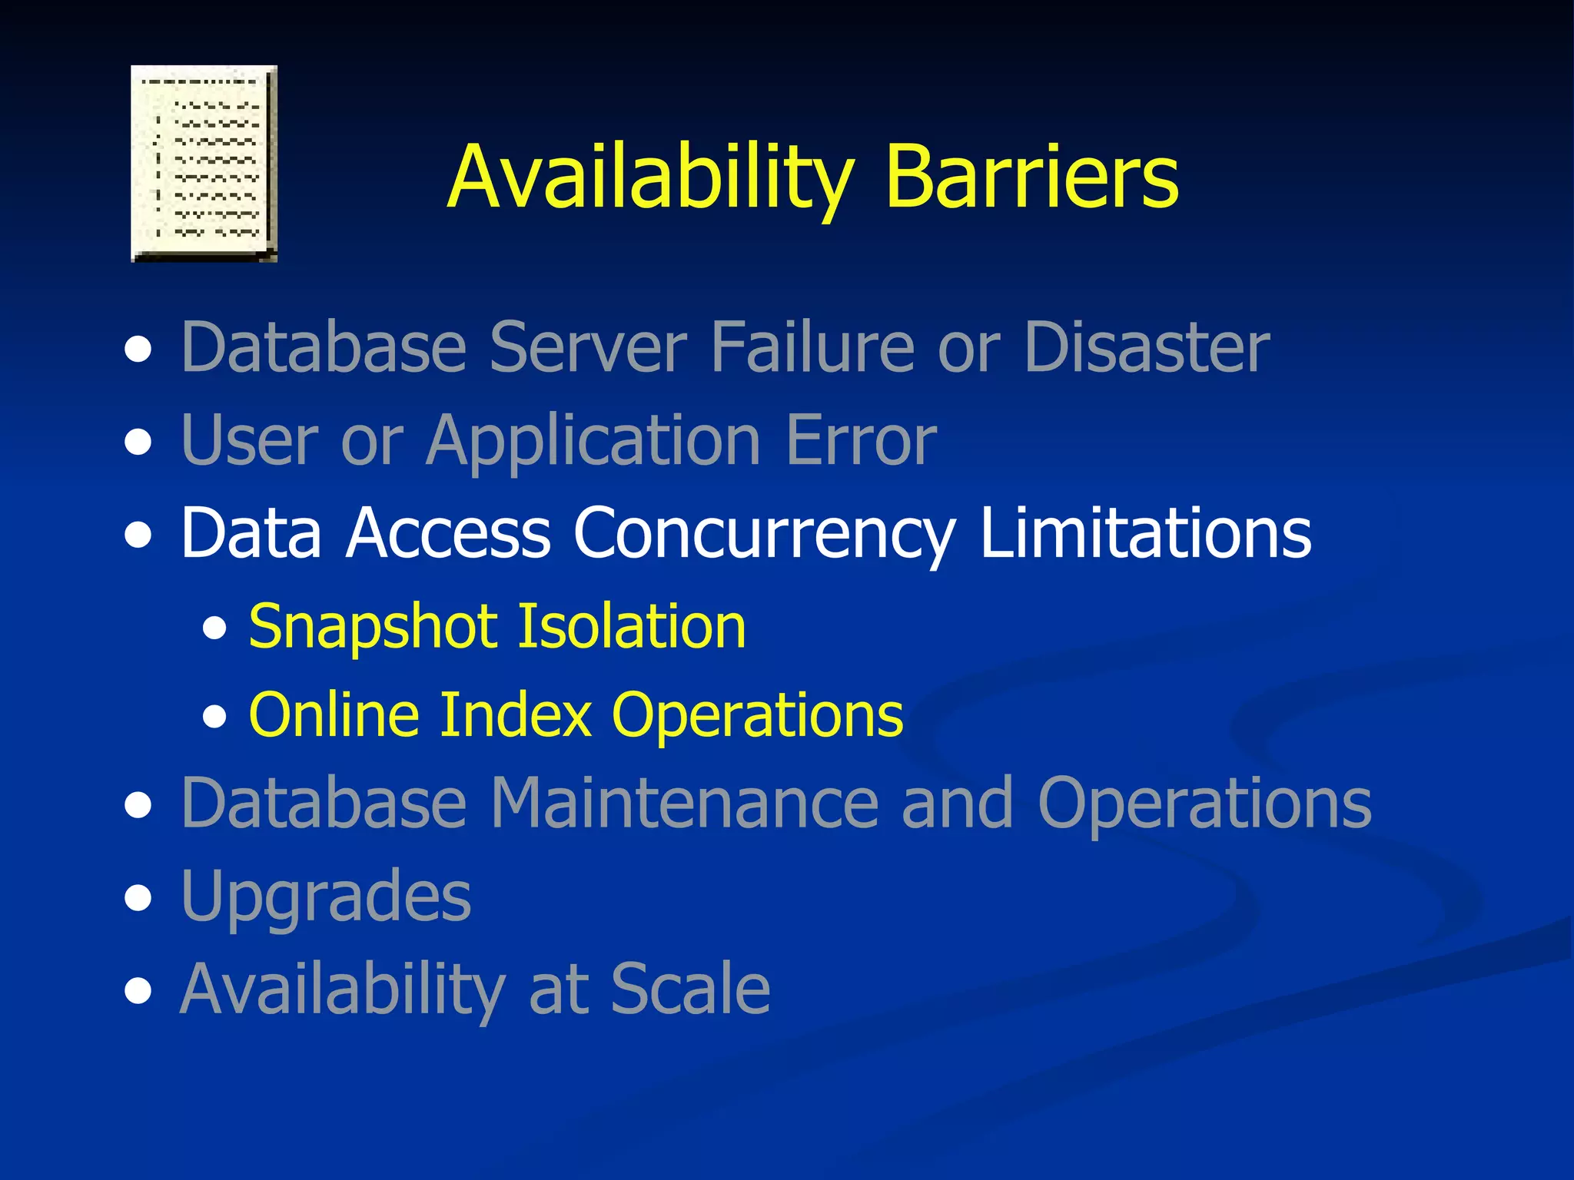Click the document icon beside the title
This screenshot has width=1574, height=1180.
click(204, 164)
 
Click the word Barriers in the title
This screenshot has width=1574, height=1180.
click(1031, 177)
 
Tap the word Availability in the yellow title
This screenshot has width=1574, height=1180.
click(650, 177)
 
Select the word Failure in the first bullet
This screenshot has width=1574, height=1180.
click(812, 347)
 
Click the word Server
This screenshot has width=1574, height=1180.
click(587, 347)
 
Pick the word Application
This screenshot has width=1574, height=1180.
click(593, 441)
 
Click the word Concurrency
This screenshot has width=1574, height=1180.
click(764, 533)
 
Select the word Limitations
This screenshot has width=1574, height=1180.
click(1145, 533)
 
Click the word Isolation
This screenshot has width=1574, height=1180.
click(632, 627)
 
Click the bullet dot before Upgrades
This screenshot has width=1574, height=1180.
click(138, 898)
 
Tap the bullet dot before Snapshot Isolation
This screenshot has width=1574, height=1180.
click(215, 630)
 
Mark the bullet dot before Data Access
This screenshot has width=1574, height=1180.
click(138, 536)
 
